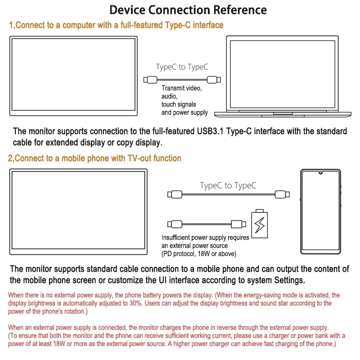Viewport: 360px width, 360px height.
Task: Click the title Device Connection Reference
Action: click(188, 10)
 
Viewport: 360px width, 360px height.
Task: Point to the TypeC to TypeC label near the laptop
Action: click(182, 67)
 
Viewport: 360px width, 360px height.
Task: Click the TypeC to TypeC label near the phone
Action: click(228, 185)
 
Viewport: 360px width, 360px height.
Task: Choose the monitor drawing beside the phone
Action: click(78, 211)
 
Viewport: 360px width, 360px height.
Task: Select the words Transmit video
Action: click(182, 89)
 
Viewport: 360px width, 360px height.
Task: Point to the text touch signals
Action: click(179, 104)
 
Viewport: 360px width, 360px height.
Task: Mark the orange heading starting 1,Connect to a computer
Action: click(116, 25)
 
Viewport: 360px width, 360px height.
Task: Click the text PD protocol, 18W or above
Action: click(198, 254)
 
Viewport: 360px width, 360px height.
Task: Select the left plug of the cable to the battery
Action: click(175, 224)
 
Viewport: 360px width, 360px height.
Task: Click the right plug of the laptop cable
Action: click(212, 80)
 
